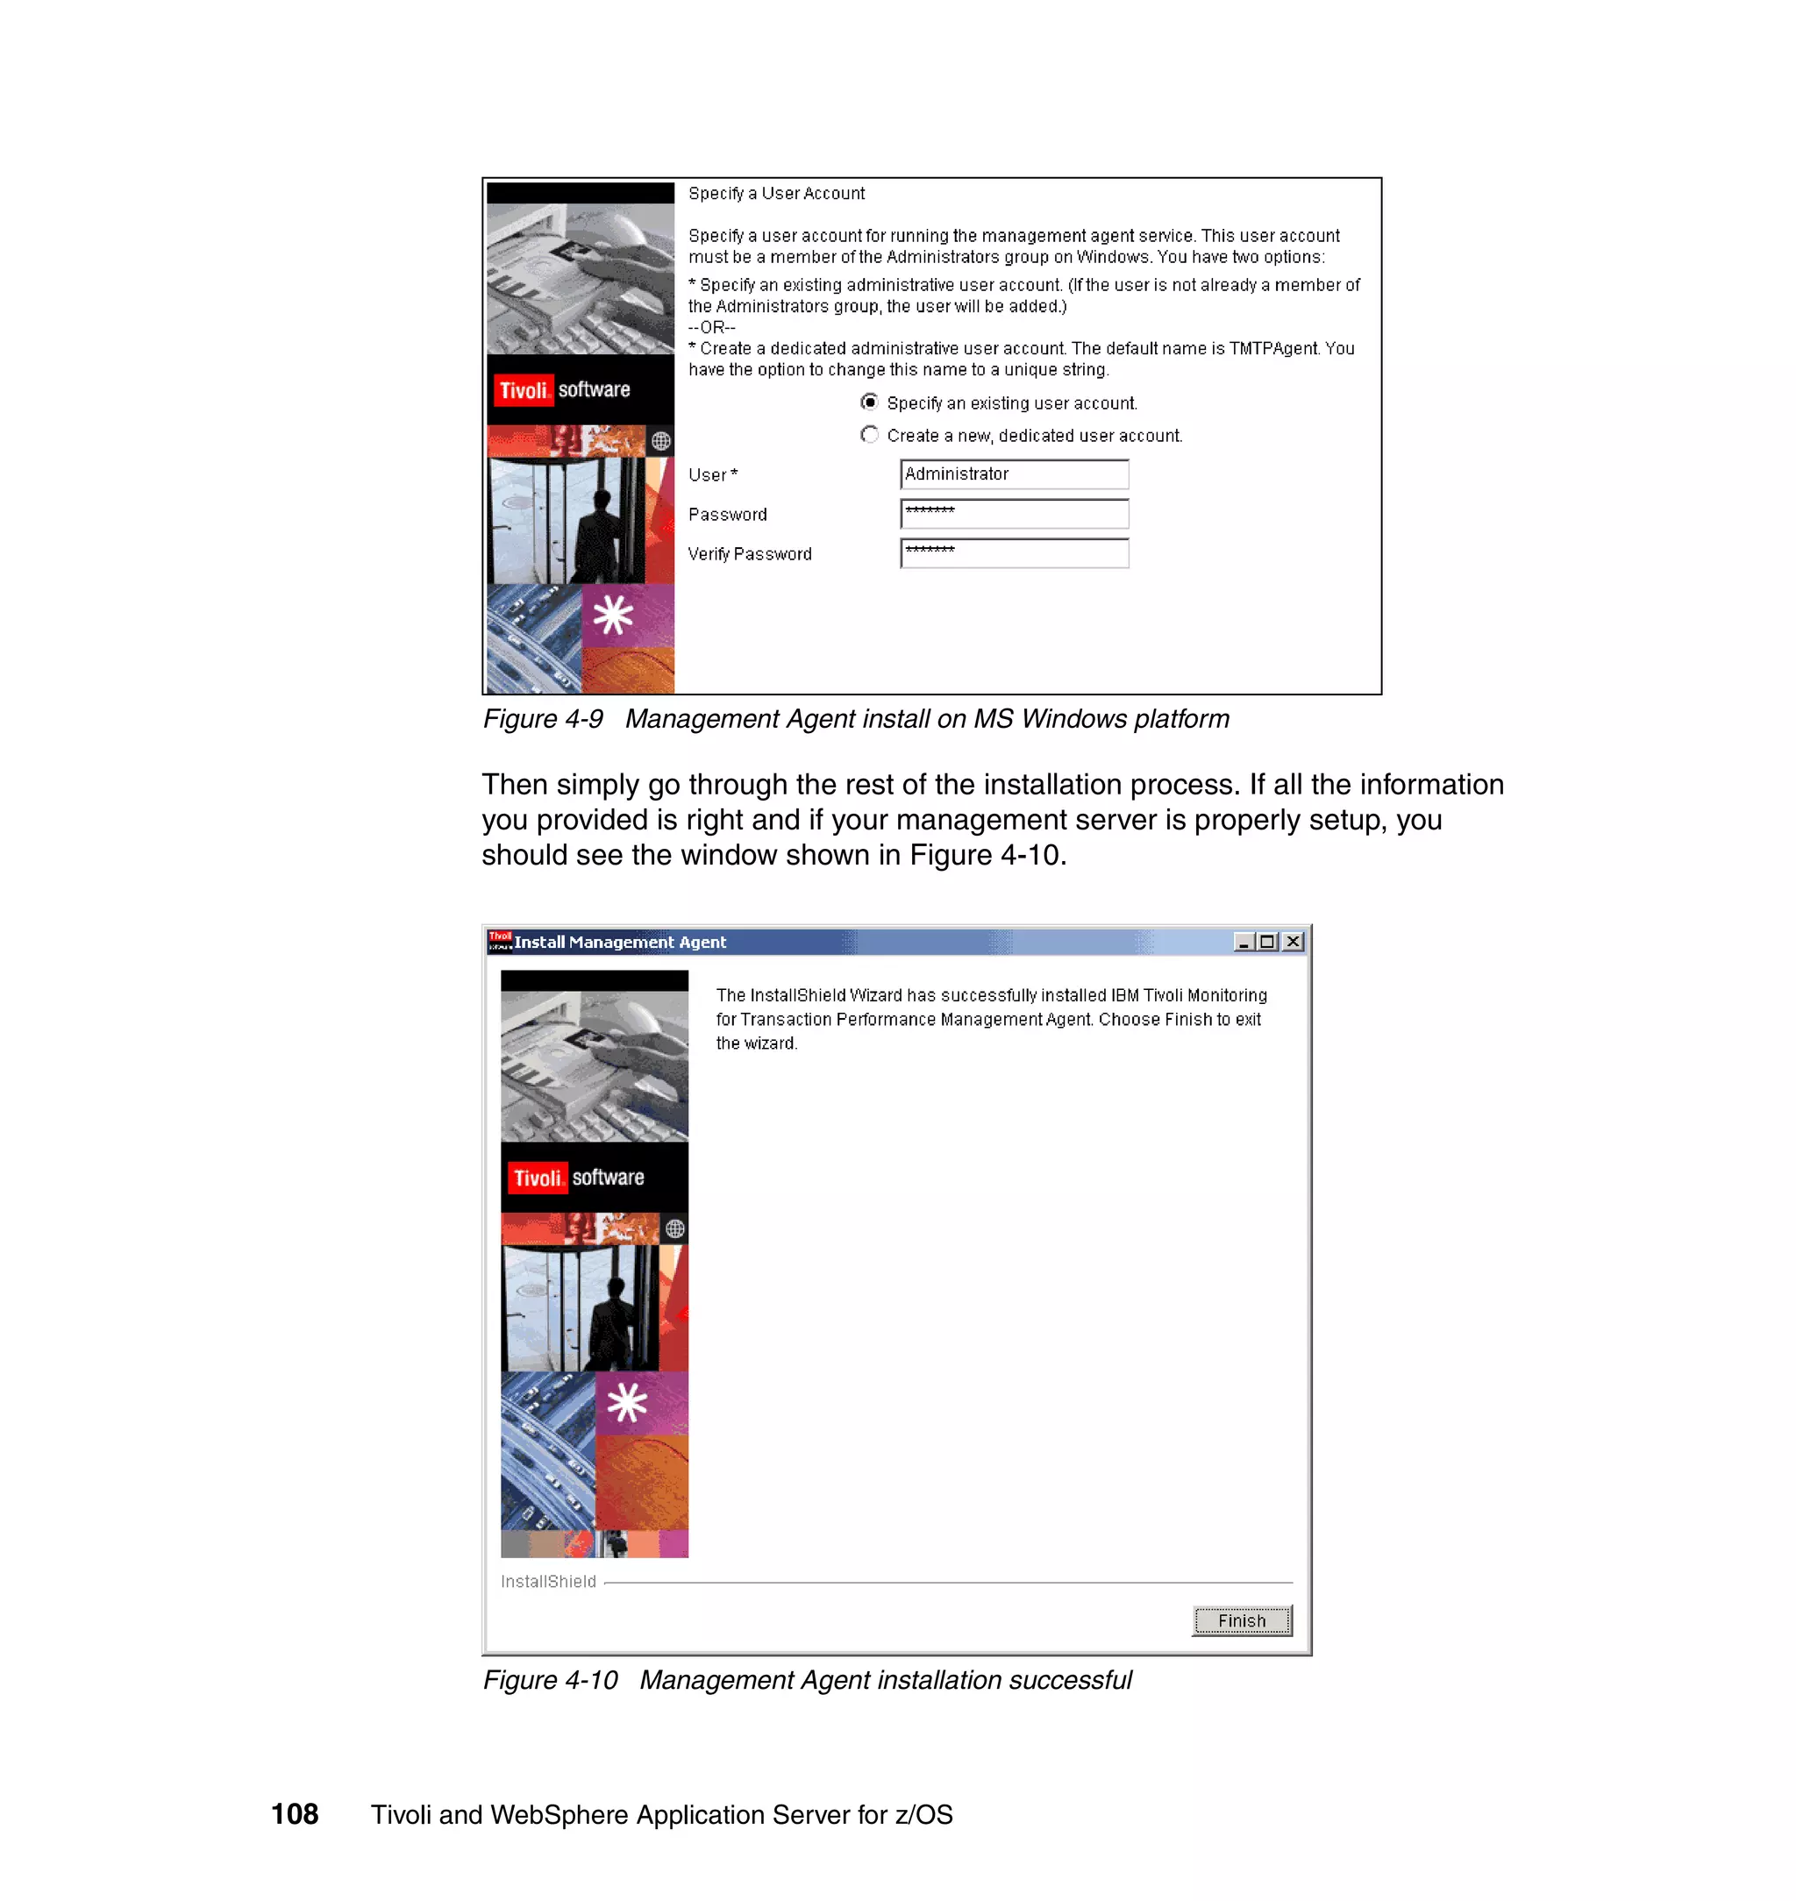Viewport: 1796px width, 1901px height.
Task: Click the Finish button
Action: pos(1241,1620)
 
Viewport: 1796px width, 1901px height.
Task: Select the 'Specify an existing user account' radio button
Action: pos(869,402)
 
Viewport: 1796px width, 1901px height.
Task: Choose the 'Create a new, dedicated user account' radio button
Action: pos(869,435)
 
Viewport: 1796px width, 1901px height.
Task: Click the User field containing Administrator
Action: pos(1014,473)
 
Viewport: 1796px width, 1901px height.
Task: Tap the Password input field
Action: pos(1014,514)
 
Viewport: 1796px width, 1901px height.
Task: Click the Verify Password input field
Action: pos(1014,553)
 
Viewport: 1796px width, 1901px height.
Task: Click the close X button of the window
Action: pos(1293,942)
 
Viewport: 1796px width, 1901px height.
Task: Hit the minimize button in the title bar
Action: pos(1244,942)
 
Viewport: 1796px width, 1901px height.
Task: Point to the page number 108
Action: pos(295,1814)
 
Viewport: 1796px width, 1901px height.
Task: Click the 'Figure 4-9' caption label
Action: pos(543,719)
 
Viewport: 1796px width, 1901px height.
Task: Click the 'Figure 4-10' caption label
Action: pos(551,1680)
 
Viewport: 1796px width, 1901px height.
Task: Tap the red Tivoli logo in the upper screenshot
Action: pos(524,390)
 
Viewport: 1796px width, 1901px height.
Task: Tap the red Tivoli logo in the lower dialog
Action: pos(537,1178)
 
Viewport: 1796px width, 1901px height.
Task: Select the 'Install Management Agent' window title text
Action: pos(620,942)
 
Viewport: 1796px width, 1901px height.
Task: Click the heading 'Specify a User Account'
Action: pos(776,194)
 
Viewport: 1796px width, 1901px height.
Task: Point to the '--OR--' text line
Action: pos(711,327)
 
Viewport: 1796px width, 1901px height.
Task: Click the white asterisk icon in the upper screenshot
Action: pos(613,616)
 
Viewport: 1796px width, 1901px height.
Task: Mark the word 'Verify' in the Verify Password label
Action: pos(709,554)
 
